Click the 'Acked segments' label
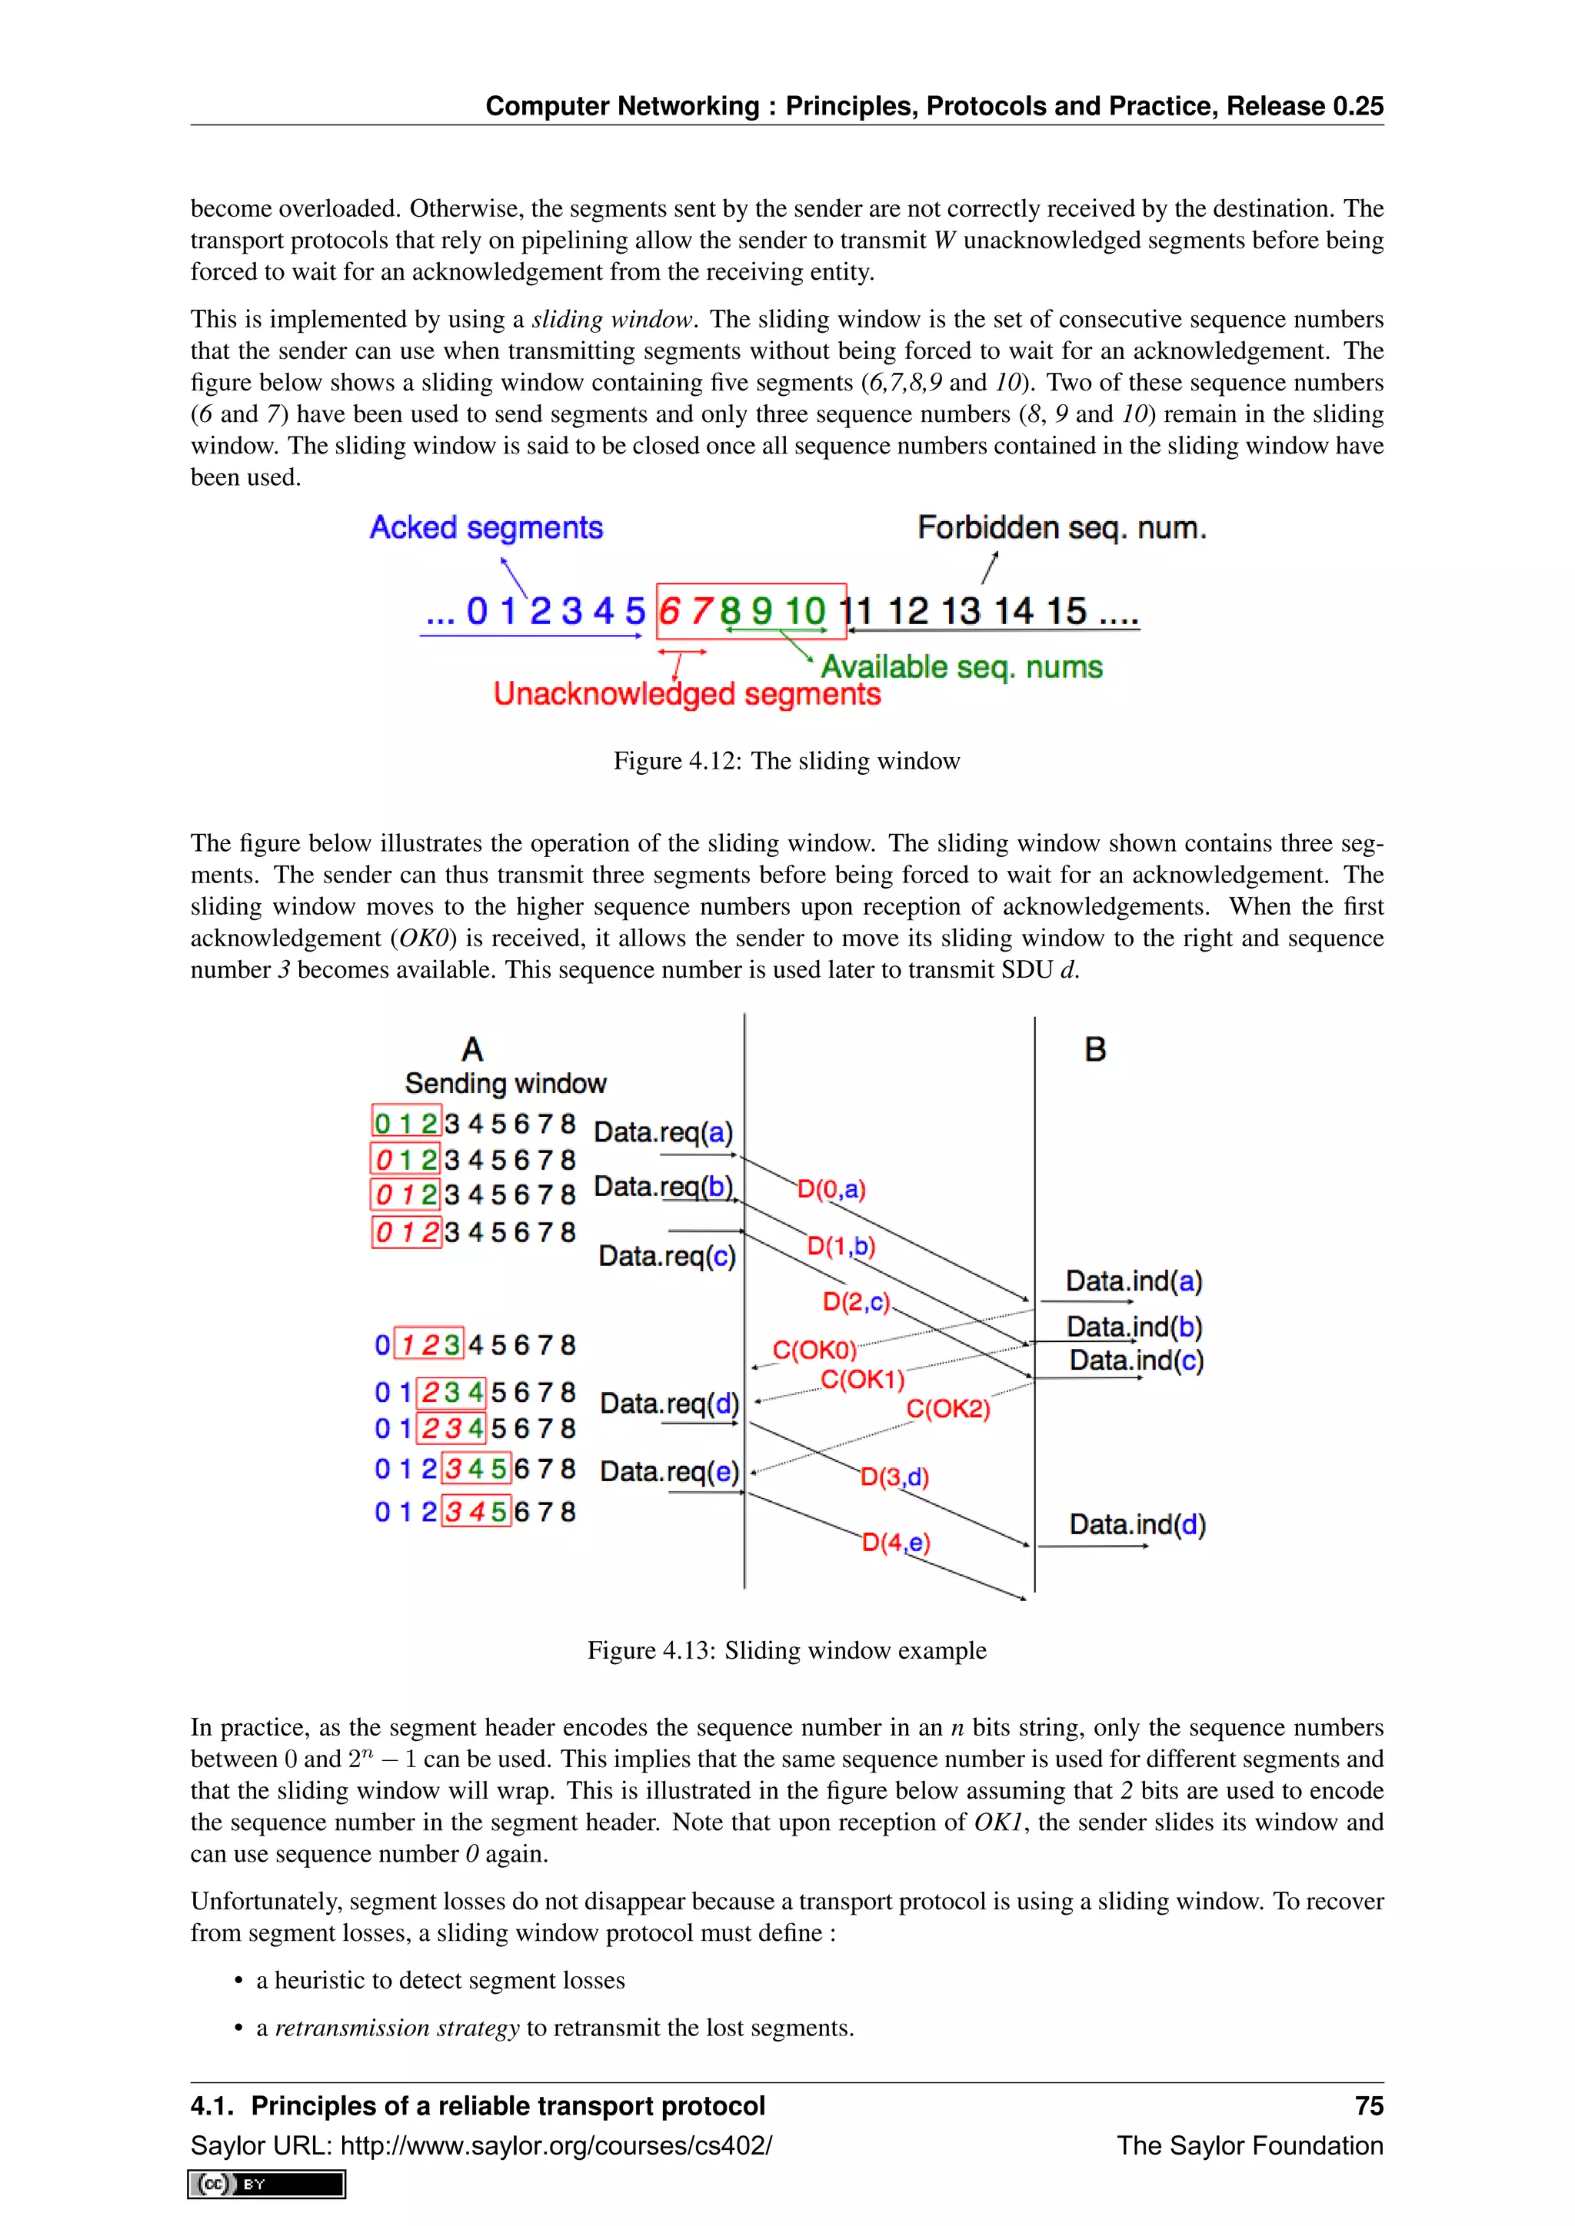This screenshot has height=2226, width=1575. pyautogui.click(x=486, y=527)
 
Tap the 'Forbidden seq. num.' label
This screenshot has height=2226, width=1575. pyautogui.click(x=1061, y=527)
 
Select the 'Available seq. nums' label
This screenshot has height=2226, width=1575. pyautogui.click(x=961, y=667)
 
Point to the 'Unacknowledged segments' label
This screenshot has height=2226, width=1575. pyautogui.click(x=687, y=694)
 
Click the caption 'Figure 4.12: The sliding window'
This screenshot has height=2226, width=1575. pyautogui.click(x=787, y=761)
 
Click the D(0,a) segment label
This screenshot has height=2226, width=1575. pyautogui.click(x=831, y=1190)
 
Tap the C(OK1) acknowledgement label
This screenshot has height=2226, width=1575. pyautogui.click(x=862, y=1380)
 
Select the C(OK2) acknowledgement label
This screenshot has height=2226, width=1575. pyautogui.click(x=947, y=1409)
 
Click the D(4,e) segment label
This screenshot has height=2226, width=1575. pyautogui.click(x=895, y=1542)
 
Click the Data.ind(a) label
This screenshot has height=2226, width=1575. pyautogui.click(x=1134, y=1281)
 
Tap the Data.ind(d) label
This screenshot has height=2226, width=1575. pyautogui.click(x=1137, y=1525)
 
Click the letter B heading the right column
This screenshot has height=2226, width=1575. pyautogui.click(x=1095, y=1050)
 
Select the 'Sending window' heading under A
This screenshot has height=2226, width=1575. pyautogui.click(x=505, y=1084)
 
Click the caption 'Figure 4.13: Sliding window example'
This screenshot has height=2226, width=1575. pyautogui.click(x=787, y=1650)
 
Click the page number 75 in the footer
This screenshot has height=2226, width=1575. pyautogui.click(x=1368, y=2106)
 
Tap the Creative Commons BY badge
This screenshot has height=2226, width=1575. pyautogui.click(x=267, y=2184)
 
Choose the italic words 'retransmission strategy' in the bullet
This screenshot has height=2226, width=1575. pyautogui.click(x=398, y=2028)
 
